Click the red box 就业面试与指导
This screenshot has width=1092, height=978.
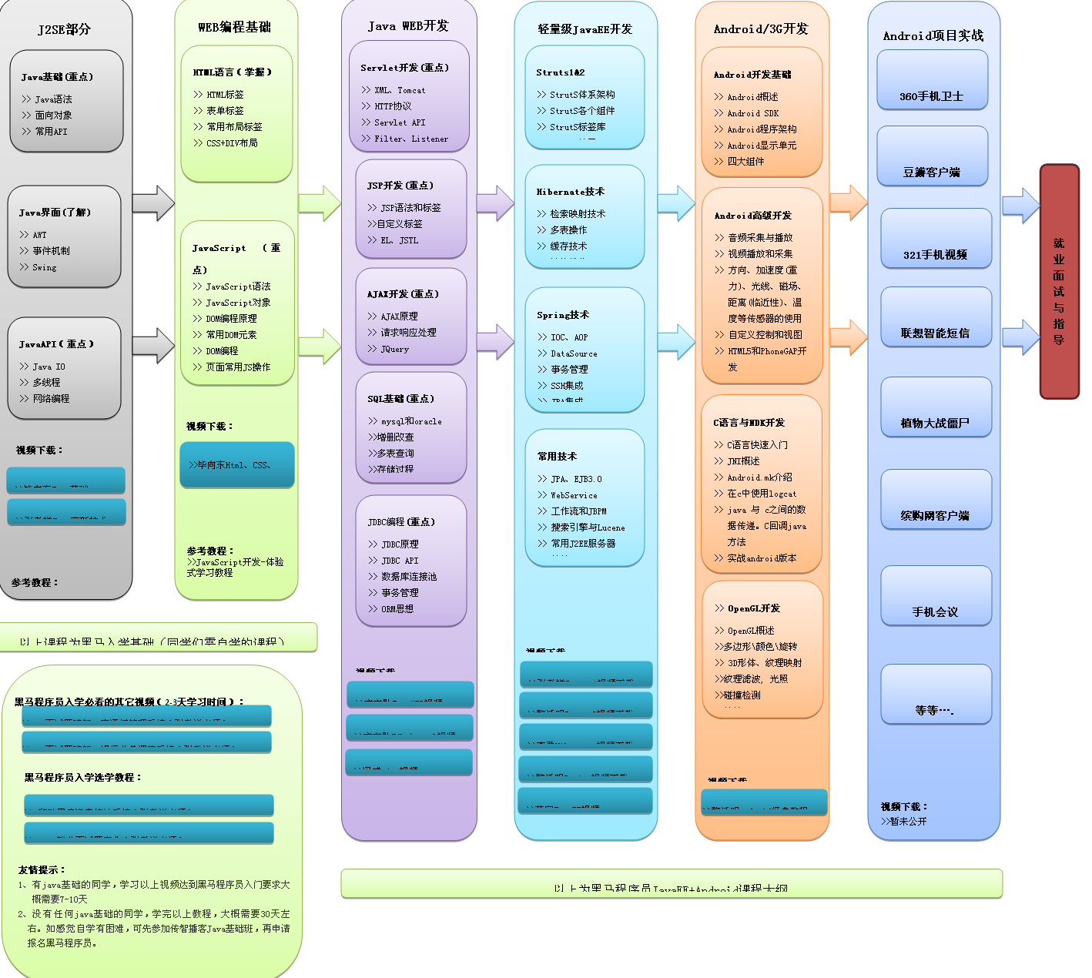[1059, 282]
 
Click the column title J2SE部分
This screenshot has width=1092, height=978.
[65, 29]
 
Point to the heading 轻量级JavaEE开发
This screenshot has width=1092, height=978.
[585, 29]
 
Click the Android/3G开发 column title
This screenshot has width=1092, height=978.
[761, 29]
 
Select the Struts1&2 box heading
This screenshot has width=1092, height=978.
[561, 72]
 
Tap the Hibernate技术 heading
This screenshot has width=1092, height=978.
[571, 192]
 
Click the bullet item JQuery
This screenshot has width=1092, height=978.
[394, 349]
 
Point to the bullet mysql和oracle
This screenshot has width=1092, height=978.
[411, 421]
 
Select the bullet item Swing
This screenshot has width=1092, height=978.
[44, 267]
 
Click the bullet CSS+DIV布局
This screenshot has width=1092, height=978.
[232, 143]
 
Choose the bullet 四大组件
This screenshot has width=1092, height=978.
[745, 162]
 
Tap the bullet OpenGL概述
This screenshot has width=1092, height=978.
[751, 631]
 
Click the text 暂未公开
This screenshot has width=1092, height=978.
[908, 822]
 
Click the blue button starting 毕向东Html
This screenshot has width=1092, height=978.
[237, 464]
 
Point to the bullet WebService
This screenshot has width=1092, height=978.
[574, 495]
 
